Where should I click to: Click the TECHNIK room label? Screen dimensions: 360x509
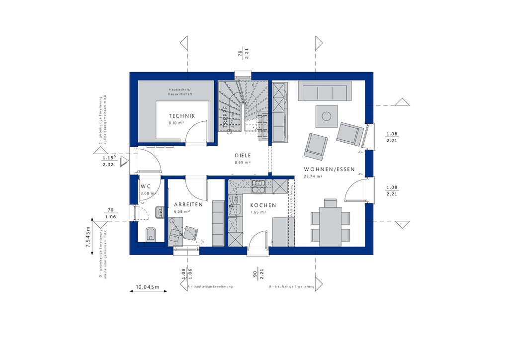click(x=181, y=116)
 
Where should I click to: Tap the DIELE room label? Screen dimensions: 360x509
click(x=243, y=155)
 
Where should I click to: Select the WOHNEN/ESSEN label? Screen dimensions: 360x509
click(x=329, y=169)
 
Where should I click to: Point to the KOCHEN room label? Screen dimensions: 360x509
click(x=262, y=205)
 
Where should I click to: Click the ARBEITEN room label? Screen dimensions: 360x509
click(x=188, y=204)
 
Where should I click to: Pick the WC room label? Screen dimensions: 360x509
click(x=146, y=186)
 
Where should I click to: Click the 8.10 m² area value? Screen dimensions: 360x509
click(x=176, y=122)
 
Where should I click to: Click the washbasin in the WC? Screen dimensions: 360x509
click(x=159, y=213)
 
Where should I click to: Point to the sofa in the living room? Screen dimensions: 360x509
click(x=323, y=92)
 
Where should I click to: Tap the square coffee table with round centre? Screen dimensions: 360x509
click(x=326, y=116)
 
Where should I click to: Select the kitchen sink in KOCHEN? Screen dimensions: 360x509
click(x=258, y=186)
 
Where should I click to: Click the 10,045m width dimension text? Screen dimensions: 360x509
click(x=147, y=287)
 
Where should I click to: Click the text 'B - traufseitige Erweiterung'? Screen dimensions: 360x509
click(x=292, y=287)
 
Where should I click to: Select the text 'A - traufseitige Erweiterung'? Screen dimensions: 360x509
click(x=210, y=287)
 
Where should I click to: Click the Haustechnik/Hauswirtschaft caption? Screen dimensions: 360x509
click(x=179, y=91)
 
